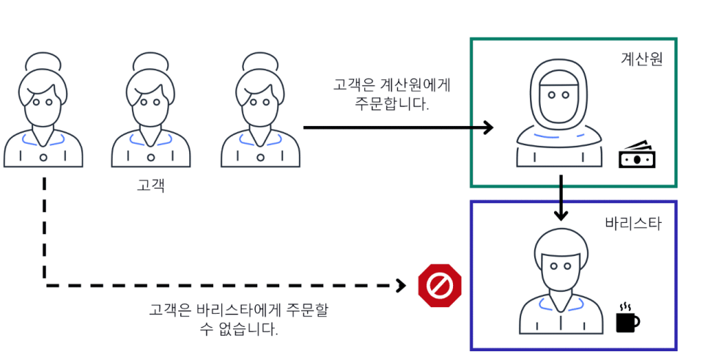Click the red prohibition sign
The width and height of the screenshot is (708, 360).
click(440, 286)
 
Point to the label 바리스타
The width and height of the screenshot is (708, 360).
click(634, 223)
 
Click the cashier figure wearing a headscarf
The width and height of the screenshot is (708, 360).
click(559, 117)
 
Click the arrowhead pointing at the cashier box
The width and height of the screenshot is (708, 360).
click(487, 128)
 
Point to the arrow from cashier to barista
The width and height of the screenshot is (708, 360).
click(561, 197)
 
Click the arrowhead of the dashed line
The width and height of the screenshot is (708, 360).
click(401, 285)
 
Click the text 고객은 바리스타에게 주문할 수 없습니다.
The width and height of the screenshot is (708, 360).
click(239, 319)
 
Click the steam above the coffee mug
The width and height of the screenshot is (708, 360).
click(625, 305)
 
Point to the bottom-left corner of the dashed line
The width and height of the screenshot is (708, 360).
click(45, 285)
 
